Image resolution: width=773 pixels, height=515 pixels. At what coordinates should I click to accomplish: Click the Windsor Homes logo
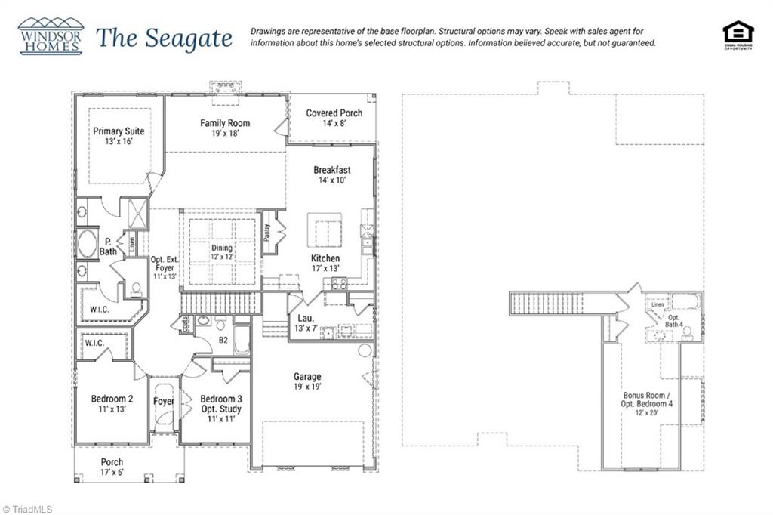click(51, 35)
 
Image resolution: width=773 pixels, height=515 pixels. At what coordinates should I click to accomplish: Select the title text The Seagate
click(164, 38)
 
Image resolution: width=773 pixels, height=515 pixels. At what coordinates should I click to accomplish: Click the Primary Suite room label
click(119, 136)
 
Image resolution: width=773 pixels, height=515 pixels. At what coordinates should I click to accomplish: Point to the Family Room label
click(225, 128)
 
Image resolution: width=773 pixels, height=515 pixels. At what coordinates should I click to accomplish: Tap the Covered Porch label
click(334, 118)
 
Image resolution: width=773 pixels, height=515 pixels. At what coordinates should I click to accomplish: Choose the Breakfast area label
click(332, 175)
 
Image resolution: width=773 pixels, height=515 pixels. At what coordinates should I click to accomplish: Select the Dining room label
click(222, 252)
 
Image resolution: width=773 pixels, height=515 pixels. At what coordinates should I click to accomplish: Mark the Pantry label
click(267, 231)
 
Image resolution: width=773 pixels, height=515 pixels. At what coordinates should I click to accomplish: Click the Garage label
click(307, 381)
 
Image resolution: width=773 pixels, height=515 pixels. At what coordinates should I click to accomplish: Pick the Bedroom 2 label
click(112, 404)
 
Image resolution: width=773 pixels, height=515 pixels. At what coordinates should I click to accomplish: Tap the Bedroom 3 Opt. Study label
click(221, 409)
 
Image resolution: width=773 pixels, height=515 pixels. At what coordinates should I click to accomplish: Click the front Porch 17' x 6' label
click(112, 467)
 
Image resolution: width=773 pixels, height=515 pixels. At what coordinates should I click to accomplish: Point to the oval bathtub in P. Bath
click(87, 245)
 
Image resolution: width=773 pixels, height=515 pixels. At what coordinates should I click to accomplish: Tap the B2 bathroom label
click(223, 341)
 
